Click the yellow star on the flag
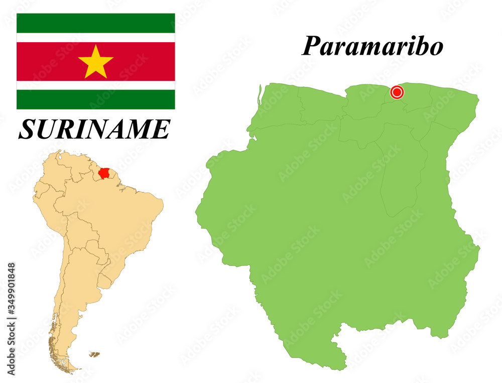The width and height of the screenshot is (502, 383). (95, 61)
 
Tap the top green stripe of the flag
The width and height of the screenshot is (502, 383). (95, 23)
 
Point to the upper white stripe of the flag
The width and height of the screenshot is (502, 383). (95, 38)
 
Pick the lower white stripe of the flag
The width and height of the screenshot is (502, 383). (95, 85)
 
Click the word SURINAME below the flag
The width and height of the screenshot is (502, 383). (94, 129)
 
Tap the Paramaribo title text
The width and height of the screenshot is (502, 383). (372, 46)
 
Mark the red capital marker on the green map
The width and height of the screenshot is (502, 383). (397, 92)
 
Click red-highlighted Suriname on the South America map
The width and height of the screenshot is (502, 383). (104, 173)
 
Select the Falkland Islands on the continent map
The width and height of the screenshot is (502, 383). (94, 354)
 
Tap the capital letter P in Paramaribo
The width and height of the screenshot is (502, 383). (311, 47)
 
